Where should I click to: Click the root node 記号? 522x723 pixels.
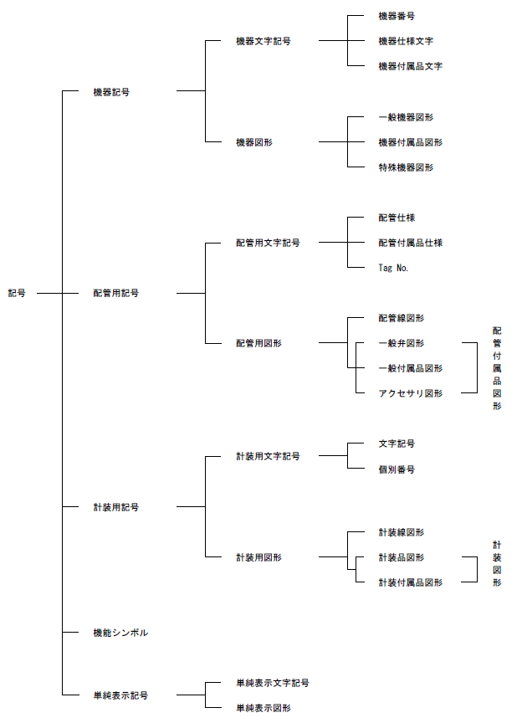[x=18, y=293]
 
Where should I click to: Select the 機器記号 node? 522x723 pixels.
[x=111, y=91]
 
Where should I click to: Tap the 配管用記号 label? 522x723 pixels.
[x=116, y=293]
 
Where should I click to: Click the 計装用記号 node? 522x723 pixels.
[x=116, y=507]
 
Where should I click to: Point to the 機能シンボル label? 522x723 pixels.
[x=120, y=633]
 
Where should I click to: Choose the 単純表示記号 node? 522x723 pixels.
[x=120, y=695]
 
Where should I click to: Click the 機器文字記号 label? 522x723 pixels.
[x=264, y=41]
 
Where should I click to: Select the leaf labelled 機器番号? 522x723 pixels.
[x=397, y=16]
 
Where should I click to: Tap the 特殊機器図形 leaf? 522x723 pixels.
[x=406, y=167]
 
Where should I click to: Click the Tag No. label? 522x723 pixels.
[x=394, y=268]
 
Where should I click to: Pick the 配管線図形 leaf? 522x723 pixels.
[x=402, y=318]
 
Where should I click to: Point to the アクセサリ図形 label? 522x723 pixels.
[x=411, y=393]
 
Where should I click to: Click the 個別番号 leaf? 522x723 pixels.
[x=397, y=469]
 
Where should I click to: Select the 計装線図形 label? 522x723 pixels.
[x=402, y=532]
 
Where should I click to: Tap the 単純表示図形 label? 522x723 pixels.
[x=264, y=708]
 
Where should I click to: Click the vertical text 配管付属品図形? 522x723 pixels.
[x=497, y=368]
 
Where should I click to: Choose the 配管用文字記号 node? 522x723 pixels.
[x=268, y=243]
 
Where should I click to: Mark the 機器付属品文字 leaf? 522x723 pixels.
[x=411, y=66]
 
